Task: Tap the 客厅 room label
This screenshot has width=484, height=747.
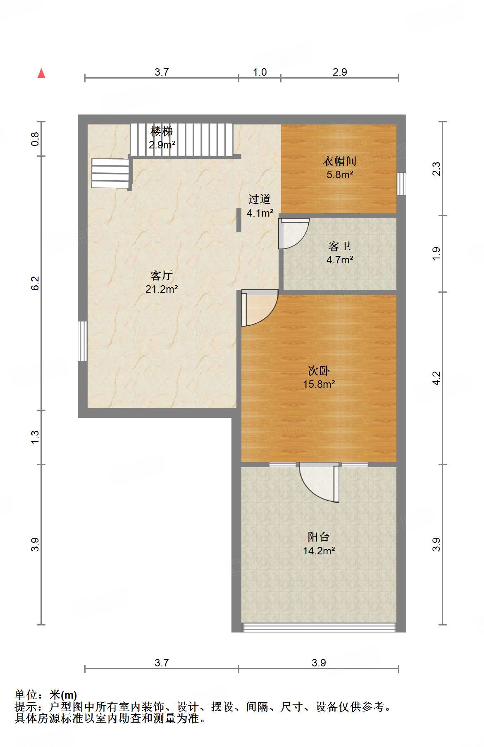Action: pos(161,275)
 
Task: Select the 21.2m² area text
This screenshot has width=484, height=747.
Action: pos(161,289)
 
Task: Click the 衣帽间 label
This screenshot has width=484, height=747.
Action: pos(339,161)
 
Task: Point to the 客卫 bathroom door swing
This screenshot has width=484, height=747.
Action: pos(293,234)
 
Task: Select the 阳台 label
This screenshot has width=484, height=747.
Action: pos(319,537)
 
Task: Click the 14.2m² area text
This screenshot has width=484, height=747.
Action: pos(319,551)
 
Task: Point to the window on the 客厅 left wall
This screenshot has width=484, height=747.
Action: pos(83,341)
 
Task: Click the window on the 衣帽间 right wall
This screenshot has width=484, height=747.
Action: pos(401,184)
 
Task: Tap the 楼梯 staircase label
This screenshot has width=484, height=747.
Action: pos(162,131)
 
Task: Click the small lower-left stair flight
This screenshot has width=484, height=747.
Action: pos(110,173)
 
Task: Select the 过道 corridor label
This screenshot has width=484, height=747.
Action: pos(260,199)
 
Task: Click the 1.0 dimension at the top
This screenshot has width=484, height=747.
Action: pos(260,72)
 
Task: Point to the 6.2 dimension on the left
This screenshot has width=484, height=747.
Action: pos(35,283)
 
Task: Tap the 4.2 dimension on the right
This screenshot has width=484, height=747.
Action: pos(437,378)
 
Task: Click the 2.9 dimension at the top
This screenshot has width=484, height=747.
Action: pos(340,72)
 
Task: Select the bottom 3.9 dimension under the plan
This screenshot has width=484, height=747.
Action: pos(319,663)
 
